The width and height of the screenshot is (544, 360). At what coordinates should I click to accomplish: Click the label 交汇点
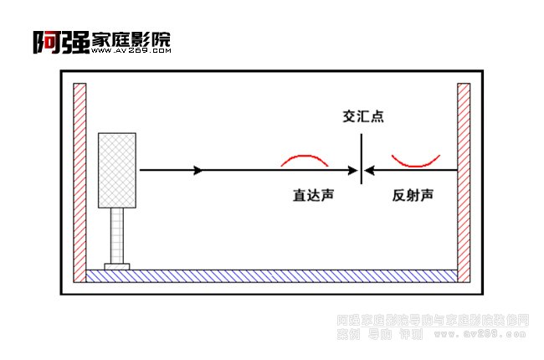pos(362,117)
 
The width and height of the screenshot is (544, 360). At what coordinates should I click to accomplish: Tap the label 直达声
pos(314,195)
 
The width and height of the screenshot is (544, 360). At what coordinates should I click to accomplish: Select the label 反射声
pos(413,195)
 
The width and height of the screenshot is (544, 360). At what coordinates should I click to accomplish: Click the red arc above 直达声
pos(305,158)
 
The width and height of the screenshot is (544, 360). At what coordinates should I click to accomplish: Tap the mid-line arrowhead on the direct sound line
pos(198,171)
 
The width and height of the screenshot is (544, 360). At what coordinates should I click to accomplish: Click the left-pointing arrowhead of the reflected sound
pos(371,171)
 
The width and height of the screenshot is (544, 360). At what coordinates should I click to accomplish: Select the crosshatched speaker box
pos(116,170)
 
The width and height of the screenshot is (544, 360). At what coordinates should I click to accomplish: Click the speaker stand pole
pos(117,236)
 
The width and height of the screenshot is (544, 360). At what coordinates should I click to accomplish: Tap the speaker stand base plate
pos(117,266)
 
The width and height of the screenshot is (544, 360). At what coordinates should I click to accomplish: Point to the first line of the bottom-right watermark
pos(433,320)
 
